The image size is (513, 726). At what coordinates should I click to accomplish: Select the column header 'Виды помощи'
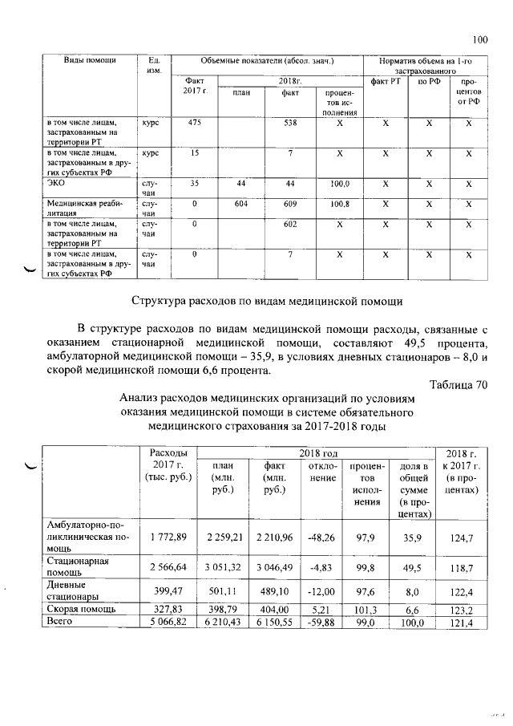coord(91,61)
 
